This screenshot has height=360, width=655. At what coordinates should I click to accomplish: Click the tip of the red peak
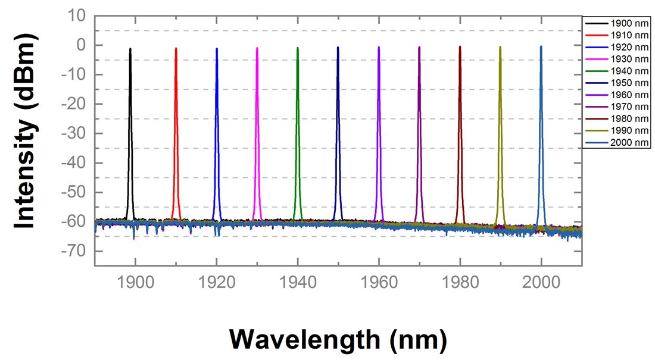pos(176,49)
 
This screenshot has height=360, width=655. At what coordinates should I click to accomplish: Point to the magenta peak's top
pos(257,49)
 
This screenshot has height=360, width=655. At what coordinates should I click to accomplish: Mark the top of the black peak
pos(130,50)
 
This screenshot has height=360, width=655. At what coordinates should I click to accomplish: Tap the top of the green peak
pos(297,49)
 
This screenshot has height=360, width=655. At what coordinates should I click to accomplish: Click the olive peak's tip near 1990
pos(500,48)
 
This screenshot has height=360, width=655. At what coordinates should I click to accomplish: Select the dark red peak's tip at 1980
pos(460,48)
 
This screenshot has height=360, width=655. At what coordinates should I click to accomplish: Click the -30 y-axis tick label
pos(75,133)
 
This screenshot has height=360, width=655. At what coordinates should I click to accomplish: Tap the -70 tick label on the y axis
pos(75,251)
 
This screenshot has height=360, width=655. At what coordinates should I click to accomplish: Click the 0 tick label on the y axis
pos(82,45)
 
